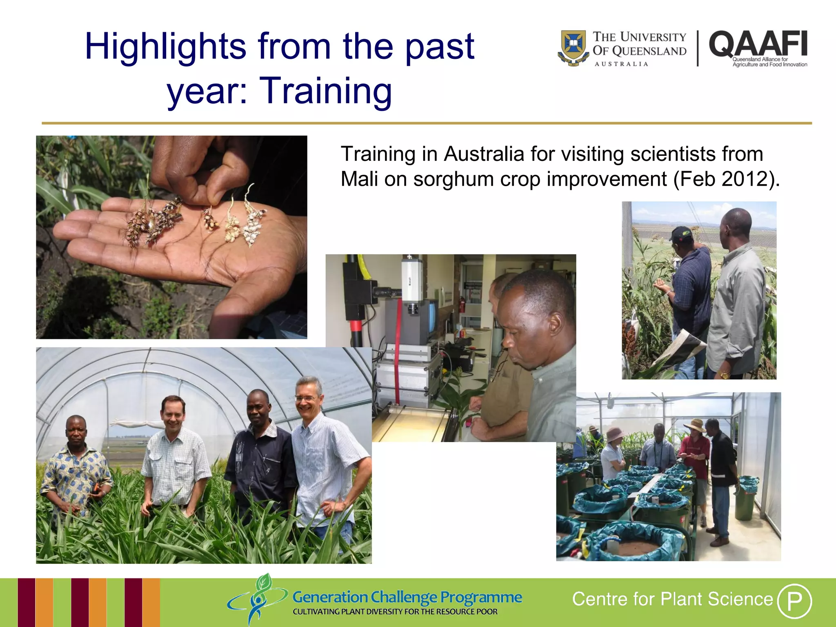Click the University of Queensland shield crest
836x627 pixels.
(x=574, y=47)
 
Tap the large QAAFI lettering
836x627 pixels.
(x=758, y=44)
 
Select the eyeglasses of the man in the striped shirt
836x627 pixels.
(x=306, y=398)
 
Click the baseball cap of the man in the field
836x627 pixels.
(x=680, y=233)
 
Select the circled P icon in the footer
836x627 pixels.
(x=794, y=601)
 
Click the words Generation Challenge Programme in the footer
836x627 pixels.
(x=407, y=597)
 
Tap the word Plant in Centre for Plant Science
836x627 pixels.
(x=682, y=599)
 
